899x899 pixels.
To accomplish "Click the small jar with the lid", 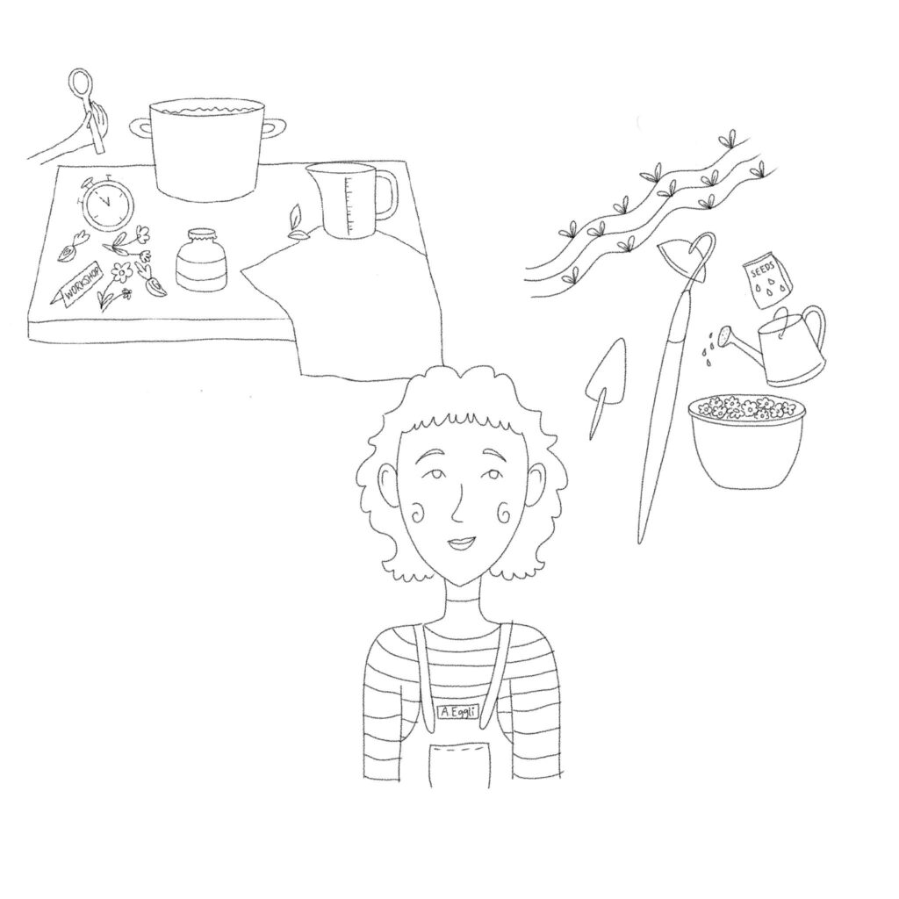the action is click(x=201, y=259).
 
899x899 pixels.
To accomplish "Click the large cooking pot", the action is click(x=206, y=149).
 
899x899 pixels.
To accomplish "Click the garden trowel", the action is click(x=604, y=381).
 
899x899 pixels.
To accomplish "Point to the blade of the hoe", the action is click(x=680, y=259).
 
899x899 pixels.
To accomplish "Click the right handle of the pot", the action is click(x=275, y=127).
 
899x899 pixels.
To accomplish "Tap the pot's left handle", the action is click(x=140, y=128).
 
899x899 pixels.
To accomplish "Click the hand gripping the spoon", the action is click(x=98, y=123).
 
